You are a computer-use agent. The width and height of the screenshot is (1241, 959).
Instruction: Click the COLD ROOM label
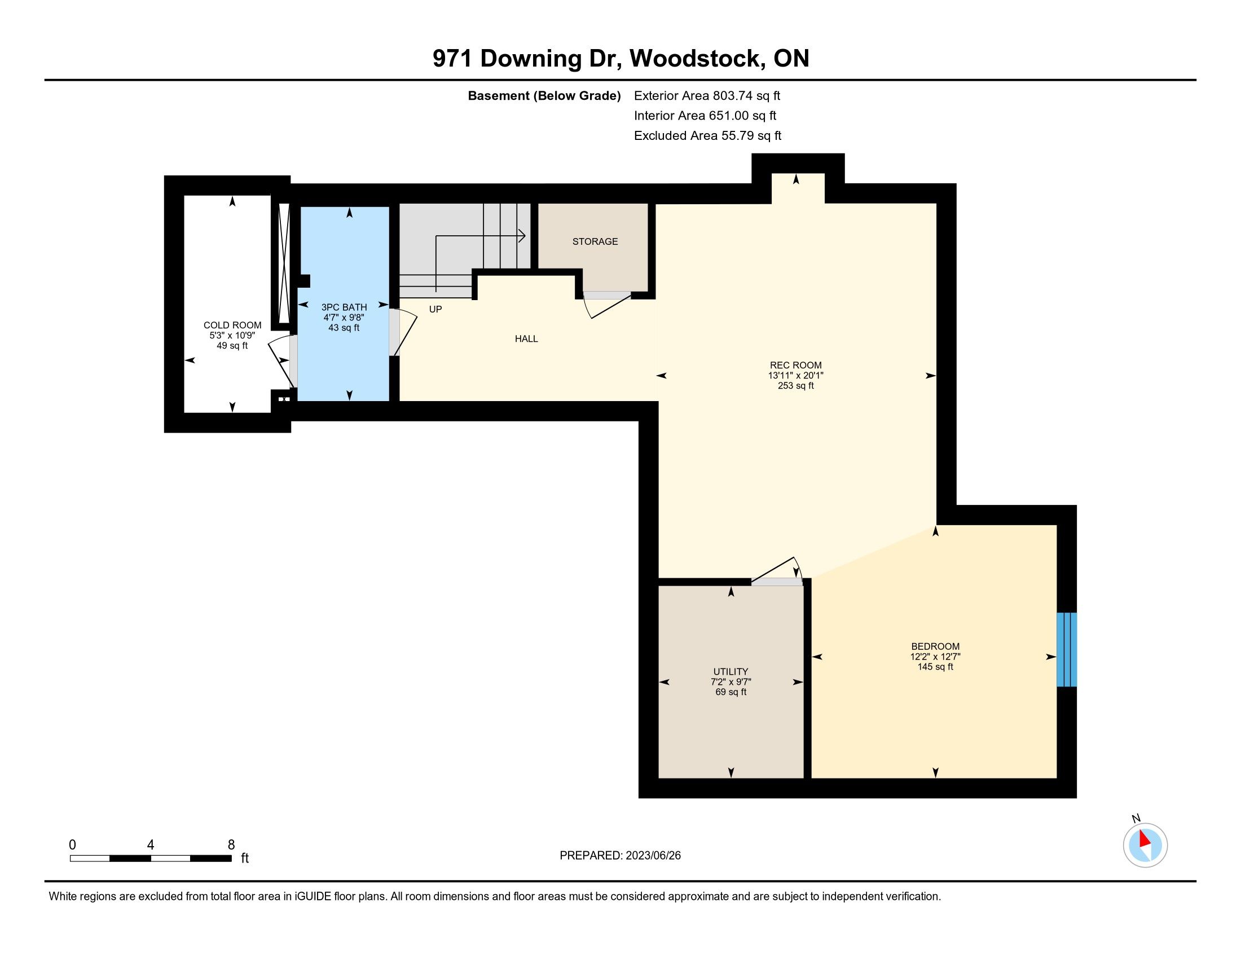point(232,325)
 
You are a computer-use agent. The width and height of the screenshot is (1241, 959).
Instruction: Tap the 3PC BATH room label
point(344,307)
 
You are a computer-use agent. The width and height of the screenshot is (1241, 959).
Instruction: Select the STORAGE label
point(595,241)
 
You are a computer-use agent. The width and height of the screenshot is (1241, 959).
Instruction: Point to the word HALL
point(526,338)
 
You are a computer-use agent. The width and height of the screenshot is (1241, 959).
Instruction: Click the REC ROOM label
point(795,366)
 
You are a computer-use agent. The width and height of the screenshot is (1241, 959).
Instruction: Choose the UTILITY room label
point(730,671)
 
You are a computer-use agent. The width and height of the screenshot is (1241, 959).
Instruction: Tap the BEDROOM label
point(935,646)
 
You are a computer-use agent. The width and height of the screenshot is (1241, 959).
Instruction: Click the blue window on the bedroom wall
point(1067,649)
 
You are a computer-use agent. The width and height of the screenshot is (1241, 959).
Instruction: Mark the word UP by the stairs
point(435,310)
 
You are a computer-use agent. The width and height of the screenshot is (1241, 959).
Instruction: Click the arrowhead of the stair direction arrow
point(522,236)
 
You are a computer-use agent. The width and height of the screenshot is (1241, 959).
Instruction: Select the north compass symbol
point(1145,844)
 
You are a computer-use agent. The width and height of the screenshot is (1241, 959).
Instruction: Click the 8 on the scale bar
point(231,845)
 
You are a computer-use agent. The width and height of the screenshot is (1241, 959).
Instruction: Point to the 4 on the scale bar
point(151,845)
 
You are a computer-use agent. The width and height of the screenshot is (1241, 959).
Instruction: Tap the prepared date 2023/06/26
point(652,856)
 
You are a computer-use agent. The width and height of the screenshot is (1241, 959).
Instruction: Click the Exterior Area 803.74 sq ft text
point(707,96)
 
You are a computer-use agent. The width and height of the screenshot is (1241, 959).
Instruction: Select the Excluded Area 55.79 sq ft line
point(707,136)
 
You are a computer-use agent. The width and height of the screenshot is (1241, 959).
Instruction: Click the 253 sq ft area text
point(795,386)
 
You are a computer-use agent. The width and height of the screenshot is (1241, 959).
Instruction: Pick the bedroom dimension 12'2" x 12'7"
point(935,657)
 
